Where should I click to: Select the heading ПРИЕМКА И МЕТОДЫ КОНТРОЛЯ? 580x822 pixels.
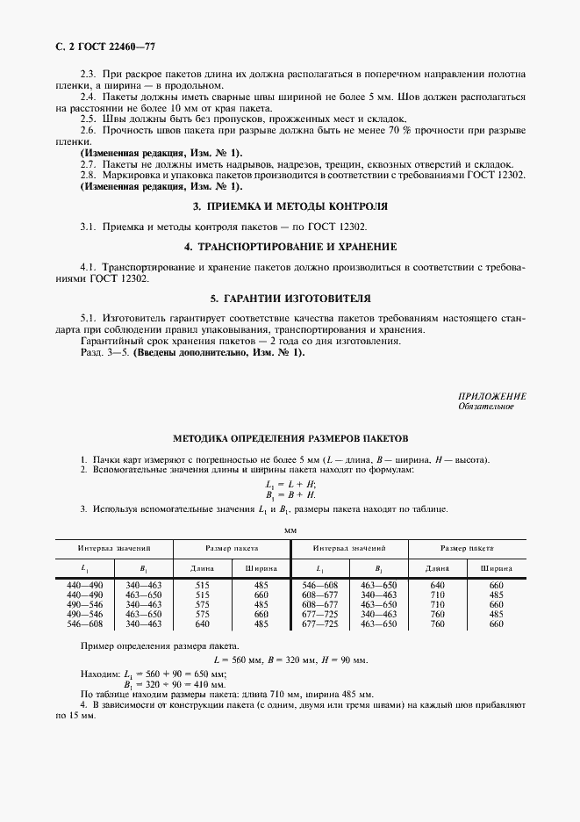[290, 206]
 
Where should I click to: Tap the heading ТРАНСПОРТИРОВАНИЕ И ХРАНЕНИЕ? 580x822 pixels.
[290, 246]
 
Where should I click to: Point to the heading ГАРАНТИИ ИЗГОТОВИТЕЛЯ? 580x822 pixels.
[290, 298]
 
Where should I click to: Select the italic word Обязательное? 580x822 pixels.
[485, 407]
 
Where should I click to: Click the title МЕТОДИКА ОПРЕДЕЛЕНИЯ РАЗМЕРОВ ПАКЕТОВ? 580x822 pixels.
[290, 438]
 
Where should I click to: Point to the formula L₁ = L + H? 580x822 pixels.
[290, 485]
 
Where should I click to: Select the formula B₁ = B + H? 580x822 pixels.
[290, 494]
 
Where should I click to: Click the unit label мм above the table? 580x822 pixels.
[290, 530]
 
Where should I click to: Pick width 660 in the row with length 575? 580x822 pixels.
[261, 613]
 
